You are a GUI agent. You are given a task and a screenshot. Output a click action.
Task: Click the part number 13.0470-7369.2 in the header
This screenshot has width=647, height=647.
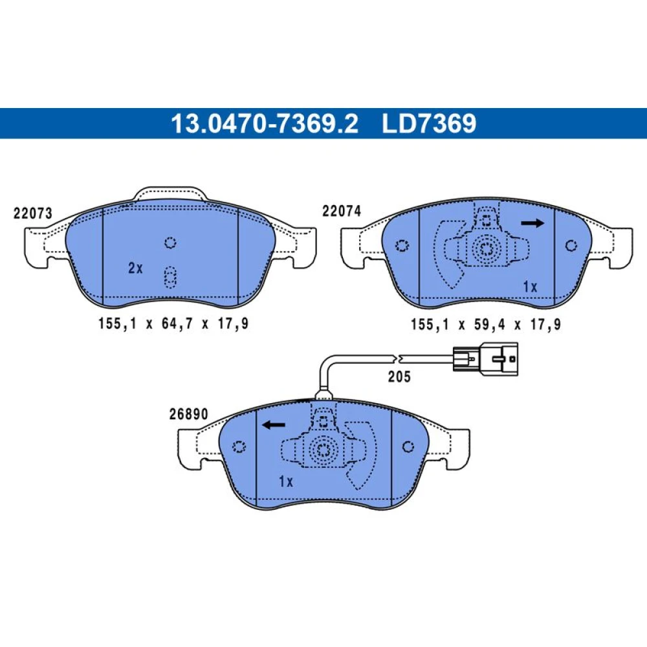265,124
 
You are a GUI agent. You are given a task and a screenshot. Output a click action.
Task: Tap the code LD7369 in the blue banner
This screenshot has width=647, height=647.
429,124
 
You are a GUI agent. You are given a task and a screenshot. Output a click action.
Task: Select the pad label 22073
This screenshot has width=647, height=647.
33,214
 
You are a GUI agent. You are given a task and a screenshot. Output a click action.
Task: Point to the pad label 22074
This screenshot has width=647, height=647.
342,211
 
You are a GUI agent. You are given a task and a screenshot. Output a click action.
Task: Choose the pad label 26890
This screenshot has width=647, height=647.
188,414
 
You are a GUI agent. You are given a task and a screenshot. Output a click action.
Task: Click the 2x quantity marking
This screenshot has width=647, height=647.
135,269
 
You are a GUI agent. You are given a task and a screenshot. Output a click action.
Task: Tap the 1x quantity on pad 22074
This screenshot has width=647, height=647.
531,287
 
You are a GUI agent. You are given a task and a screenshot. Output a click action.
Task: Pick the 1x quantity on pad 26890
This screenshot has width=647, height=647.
286,481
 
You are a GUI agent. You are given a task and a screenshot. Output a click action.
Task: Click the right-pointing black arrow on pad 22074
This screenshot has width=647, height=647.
532,223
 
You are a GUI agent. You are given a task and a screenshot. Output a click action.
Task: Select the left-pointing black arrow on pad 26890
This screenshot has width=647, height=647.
274,424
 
